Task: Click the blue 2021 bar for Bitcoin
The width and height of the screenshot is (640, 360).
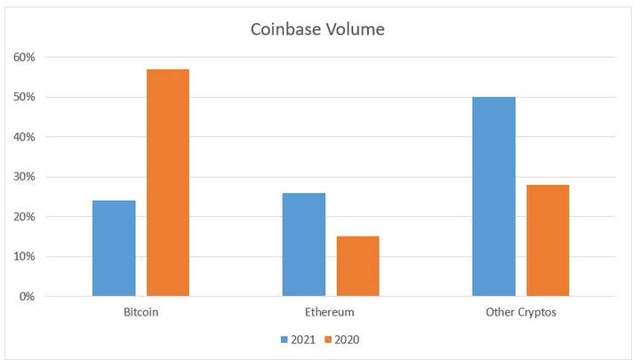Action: tap(114, 248)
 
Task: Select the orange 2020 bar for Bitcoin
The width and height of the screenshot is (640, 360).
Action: tap(168, 182)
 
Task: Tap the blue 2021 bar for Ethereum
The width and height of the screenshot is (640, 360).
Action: tap(304, 244)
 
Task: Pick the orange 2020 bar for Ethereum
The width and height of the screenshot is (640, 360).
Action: tap(358, 266)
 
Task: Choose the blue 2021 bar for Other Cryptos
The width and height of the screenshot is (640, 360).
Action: tap(494, 196)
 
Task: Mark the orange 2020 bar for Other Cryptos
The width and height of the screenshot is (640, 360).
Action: tap(548, 240)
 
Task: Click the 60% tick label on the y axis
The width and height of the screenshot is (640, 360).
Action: tap(23, 57)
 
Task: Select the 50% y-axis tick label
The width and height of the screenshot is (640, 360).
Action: tap(23, 97)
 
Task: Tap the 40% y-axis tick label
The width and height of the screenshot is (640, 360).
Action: tap(23, 137)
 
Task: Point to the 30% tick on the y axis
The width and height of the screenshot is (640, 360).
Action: tap(23, 177)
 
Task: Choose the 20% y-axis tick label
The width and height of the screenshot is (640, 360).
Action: tap(23, 217)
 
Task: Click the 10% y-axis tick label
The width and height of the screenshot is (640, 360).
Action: tap(23, 257)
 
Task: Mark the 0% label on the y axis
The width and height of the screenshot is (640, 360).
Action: tap(26, 296)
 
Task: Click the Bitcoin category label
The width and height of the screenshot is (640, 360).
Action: tap(141, 313)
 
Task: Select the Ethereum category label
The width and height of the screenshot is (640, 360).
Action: tap(331, 313)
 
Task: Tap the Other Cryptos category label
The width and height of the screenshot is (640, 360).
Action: tap(521, 313)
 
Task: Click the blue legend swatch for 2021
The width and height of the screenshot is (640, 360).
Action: tap(285, 339)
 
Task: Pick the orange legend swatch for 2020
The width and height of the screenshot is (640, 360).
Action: tap(328, 339)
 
